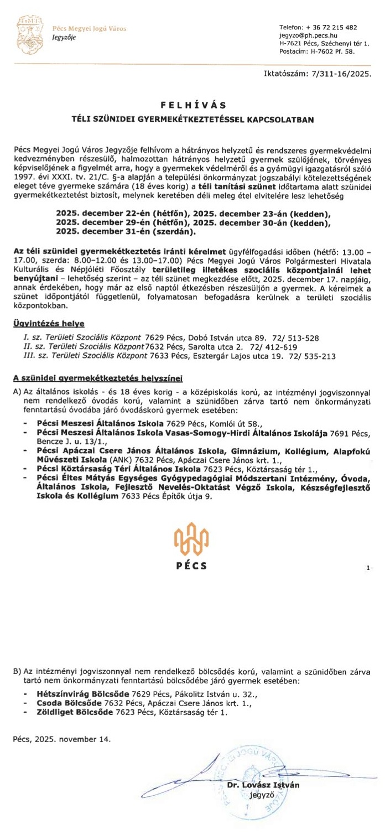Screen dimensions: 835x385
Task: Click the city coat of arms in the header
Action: click(x=28, y=33)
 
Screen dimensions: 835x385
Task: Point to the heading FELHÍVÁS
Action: click(x=192, y=104)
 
